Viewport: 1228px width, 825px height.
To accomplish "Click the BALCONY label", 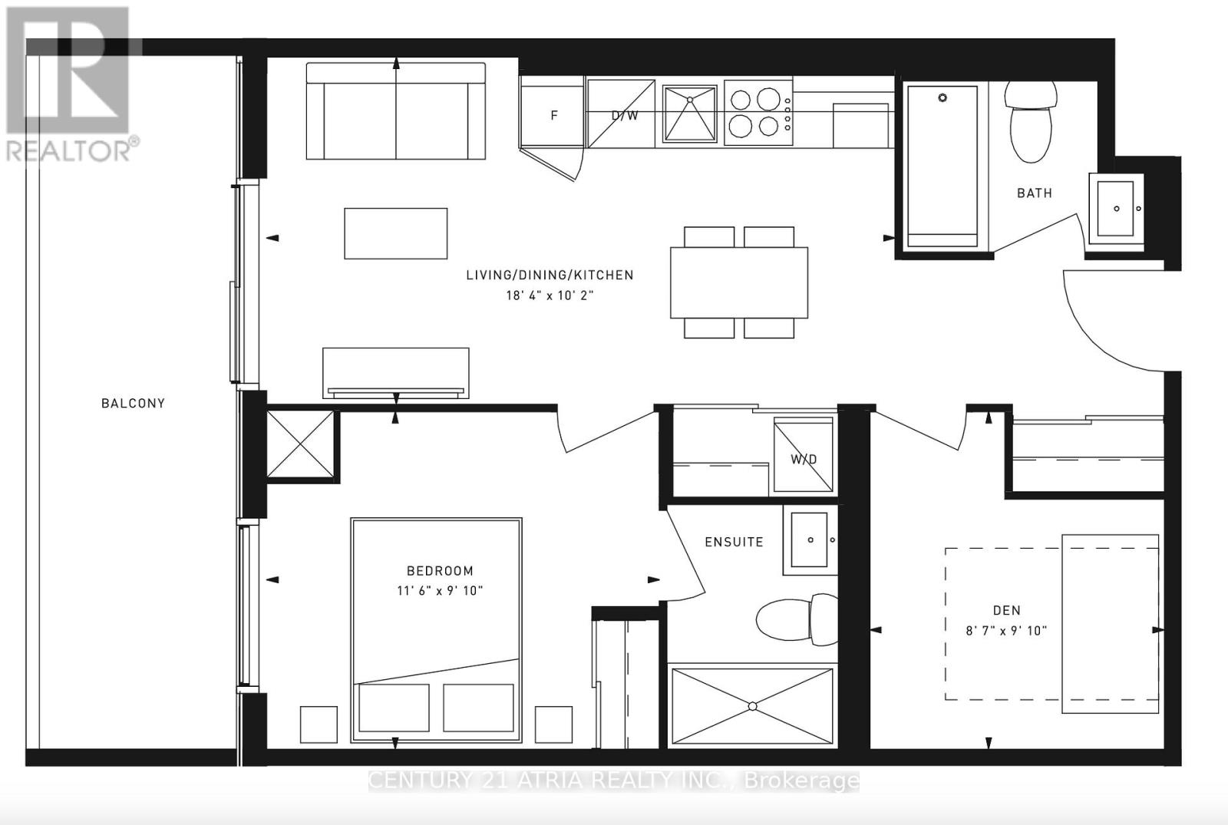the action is tap(134, 404).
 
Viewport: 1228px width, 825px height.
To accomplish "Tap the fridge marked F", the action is tap(552, 113).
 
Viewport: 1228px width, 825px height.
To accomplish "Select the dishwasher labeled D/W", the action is tap(621, 114).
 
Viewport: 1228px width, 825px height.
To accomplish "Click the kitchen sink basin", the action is tap(690, 114).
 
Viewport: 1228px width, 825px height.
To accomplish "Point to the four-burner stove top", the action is tap(758, 113).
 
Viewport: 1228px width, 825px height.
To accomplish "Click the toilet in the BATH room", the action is tap(1032, 122).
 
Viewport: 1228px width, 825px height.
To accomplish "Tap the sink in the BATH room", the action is tap(1116, 209).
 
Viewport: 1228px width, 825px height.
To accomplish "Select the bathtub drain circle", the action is tap(942, 98).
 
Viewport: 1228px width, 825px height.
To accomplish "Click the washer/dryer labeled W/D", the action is tap(803, 454).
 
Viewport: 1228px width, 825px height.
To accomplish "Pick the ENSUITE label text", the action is tap(734, 542).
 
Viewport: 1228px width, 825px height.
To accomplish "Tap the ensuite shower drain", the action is tap(753, 707).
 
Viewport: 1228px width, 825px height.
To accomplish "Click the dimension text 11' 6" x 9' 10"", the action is tap(440, 591).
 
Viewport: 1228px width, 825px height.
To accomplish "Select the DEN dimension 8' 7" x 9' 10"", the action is tap(1006, 631).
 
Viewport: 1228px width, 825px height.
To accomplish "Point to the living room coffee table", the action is tap(396, 233).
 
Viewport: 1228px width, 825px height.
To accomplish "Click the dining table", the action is tap(739, 282).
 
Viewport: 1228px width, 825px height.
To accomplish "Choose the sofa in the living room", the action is tap(396, 111).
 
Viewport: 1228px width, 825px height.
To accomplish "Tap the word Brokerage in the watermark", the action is tap(801, 780).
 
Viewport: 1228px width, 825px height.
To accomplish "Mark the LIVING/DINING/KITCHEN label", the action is tap(550, 276).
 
